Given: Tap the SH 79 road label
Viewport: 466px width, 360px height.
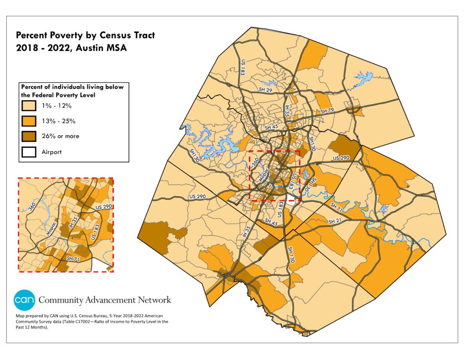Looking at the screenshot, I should coord(327,111).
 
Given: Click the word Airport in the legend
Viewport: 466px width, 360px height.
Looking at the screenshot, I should coord(52,152).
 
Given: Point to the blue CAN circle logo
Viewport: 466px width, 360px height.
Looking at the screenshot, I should coord(23,300).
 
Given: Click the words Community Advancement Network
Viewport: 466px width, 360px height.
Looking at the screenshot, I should coord(105,300).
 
